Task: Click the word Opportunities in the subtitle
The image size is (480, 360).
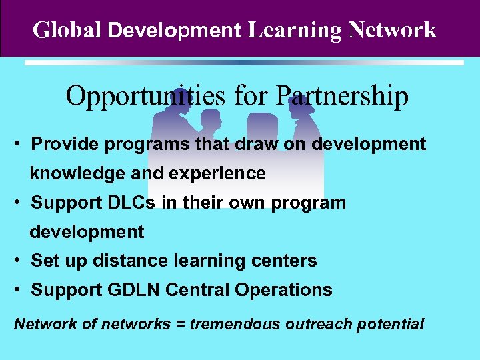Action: (x=146, y=97)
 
